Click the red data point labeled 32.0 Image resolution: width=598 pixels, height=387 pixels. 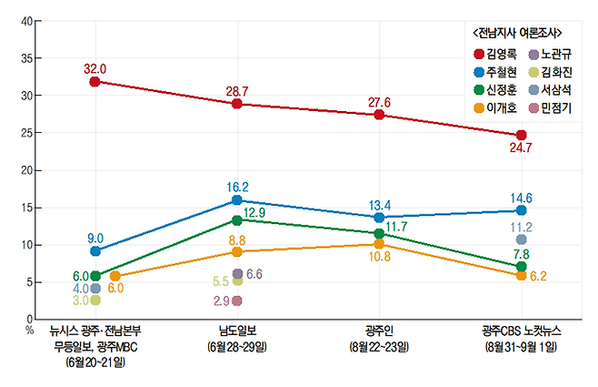(95, 82)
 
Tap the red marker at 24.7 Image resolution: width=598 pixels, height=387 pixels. (521, 135)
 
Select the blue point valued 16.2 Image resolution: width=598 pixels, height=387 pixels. (237, 200)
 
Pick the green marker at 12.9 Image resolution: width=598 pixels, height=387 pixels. (237, 219)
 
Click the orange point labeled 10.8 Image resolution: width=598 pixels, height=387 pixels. (379, 244)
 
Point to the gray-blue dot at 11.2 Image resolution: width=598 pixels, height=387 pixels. (521, 239)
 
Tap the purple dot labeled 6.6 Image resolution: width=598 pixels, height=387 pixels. (237, 273)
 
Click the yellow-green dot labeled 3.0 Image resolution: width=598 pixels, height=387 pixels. (95, 299)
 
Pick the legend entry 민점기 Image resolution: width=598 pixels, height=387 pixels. (552, 107)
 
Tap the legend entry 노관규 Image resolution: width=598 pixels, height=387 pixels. (552, 55)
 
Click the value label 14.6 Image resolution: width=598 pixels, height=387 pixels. (521, 195)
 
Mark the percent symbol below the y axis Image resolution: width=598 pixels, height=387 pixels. (29, 329)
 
